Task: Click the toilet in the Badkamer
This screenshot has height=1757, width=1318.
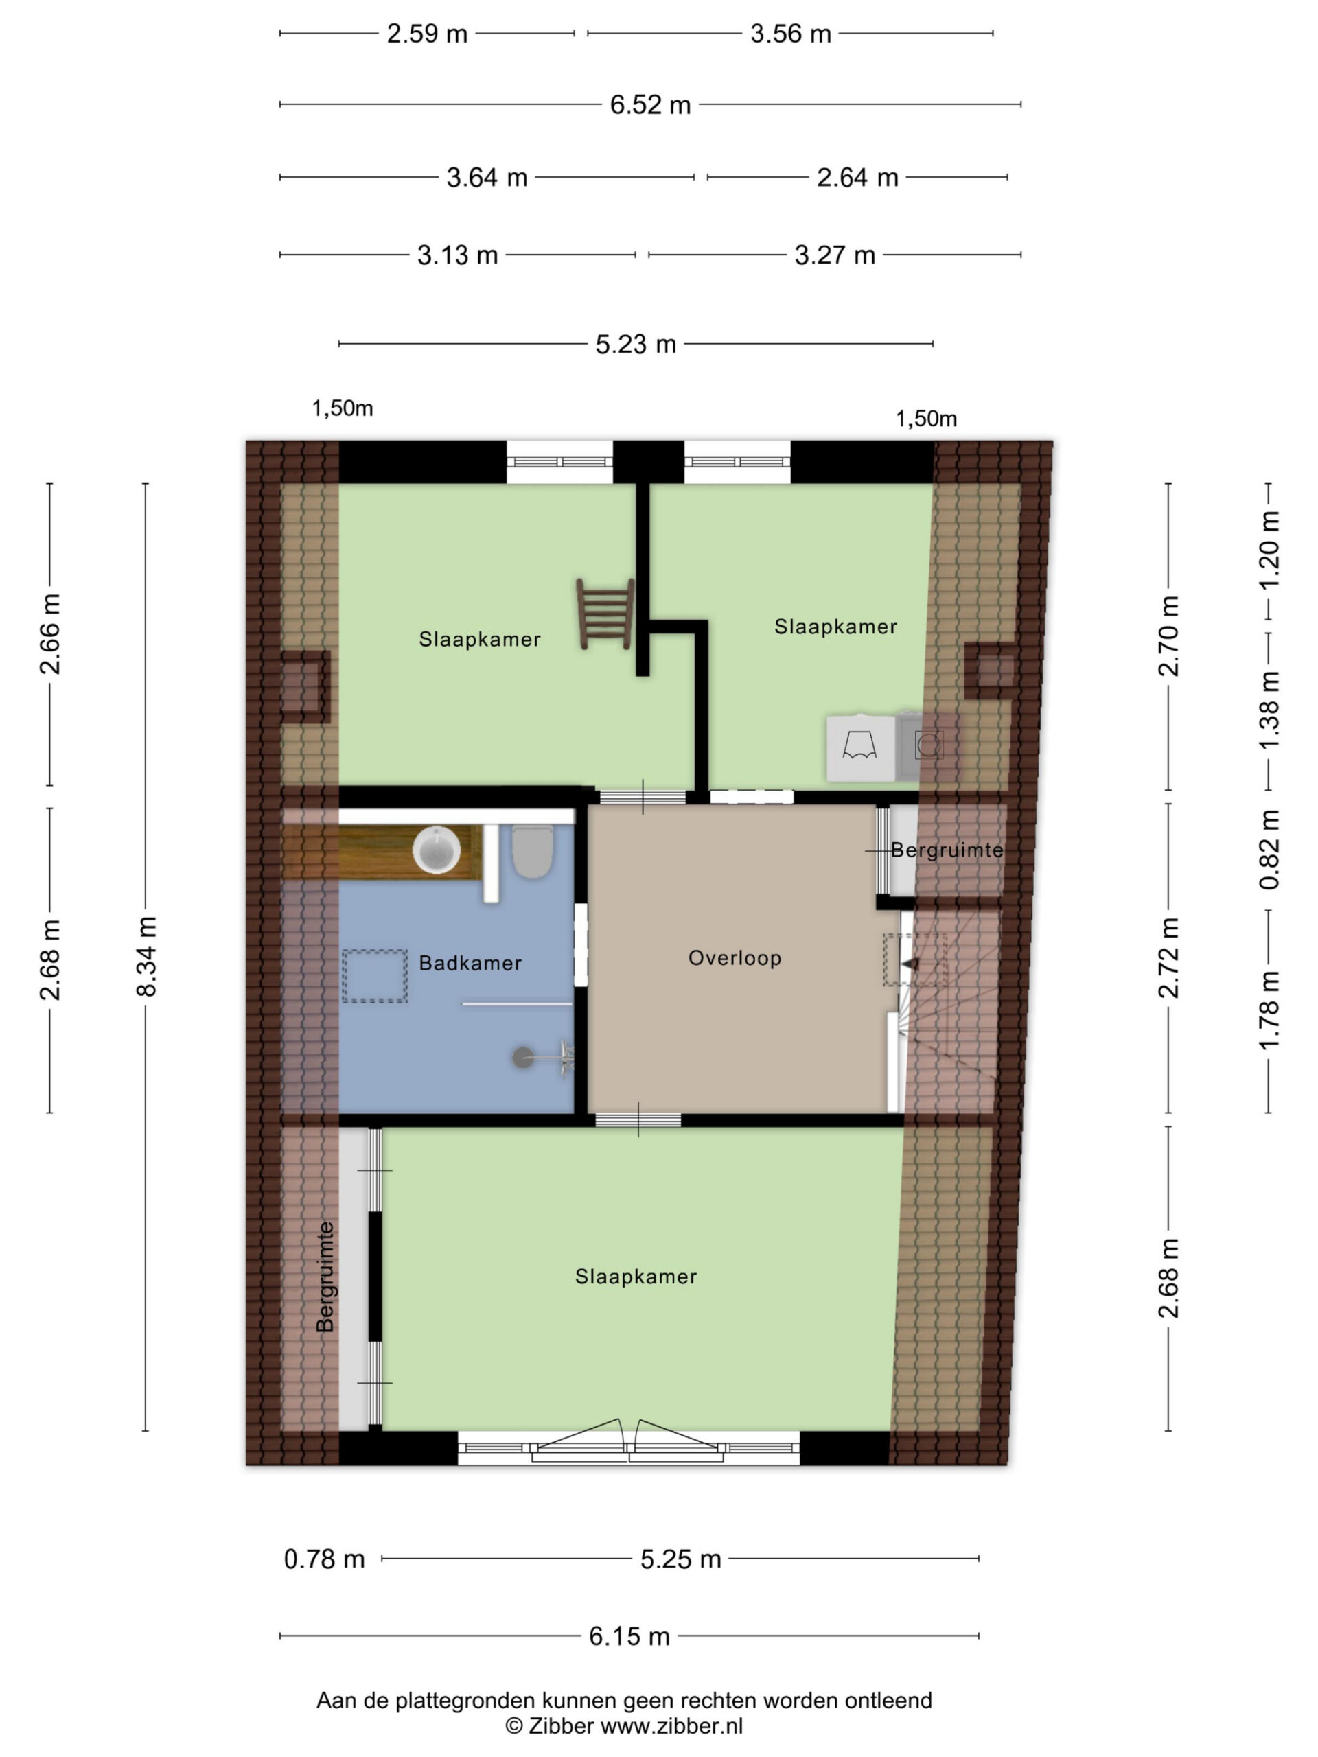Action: [x=531, y=850]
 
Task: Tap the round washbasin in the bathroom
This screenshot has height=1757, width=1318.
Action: [x=436, y=849]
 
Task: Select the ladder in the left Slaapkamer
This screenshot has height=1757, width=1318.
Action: [x=605, y=614]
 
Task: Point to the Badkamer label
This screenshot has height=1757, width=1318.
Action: [x=470, y=964]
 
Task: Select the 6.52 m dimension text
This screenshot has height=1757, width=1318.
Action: [x=650, y=105]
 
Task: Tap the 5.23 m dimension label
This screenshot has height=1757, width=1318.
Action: [x=636, y=344]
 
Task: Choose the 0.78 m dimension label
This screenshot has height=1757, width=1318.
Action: [x=324, y=1559]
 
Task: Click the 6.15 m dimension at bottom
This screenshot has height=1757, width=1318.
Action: [x=629, y=1636]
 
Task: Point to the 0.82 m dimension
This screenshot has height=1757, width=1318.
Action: [x=1269, y=849]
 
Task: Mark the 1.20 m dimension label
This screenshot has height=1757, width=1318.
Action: [x=1269, y=549]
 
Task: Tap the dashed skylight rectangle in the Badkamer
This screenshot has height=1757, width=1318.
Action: [x=375, y=976]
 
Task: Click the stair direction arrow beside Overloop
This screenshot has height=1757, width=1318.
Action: [x=910, y=964]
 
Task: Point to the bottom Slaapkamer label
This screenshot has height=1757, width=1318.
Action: [x=636, y=1277]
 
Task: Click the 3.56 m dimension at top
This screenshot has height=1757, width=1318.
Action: [x=791, y=34]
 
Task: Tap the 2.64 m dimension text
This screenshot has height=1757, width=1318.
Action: [x=857, y=177]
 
